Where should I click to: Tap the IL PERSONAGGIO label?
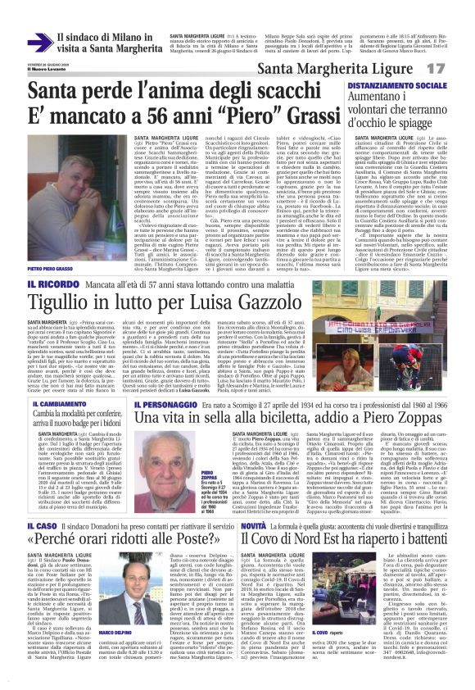click(x=165, y=405)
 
